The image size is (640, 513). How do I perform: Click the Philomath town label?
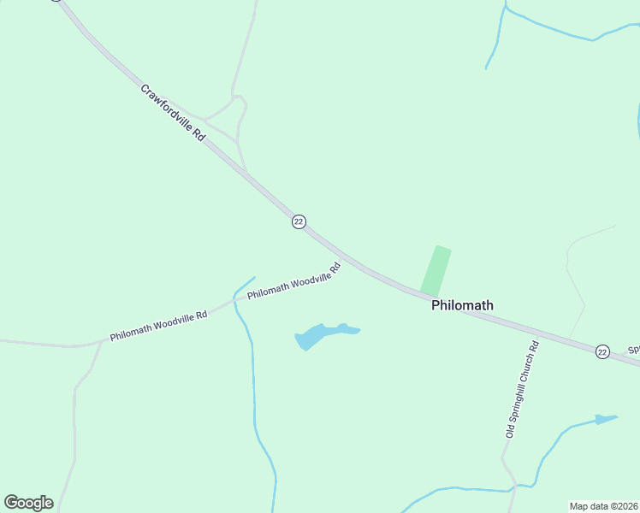[462, 305]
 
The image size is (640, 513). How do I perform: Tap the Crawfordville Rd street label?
[174, 112]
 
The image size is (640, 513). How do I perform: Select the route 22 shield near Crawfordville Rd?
[298, 221]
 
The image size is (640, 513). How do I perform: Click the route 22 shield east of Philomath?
[602, 351]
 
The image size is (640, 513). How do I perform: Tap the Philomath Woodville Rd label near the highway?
[294, 281]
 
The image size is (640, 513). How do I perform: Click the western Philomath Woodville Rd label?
[158, 326]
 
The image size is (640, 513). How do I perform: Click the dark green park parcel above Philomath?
[436, 270]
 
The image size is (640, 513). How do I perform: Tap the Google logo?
[28, 503]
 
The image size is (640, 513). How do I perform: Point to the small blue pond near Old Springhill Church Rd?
[606, 419]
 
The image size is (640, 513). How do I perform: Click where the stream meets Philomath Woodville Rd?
[235, 300]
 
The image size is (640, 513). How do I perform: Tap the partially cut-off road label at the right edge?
[634, 350]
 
